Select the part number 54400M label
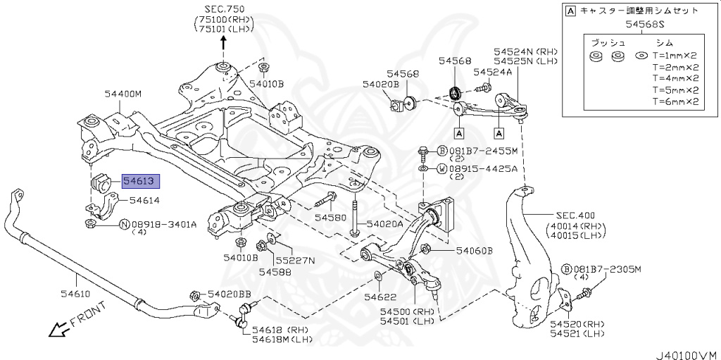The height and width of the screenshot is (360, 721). (123, 94)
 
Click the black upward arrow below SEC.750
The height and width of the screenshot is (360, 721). (224, 40)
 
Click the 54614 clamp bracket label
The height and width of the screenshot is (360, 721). (144, 201)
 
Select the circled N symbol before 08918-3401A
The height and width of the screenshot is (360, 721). (124, 225)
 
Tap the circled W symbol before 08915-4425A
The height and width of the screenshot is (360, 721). (441, 169)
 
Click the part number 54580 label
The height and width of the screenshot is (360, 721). (330, 218)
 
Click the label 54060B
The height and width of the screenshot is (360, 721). (474, 251)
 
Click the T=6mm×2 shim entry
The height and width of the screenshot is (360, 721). (675, 101)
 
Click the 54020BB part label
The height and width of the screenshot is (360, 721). (228, 294)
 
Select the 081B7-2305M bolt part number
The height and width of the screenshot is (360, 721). (609, 269)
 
